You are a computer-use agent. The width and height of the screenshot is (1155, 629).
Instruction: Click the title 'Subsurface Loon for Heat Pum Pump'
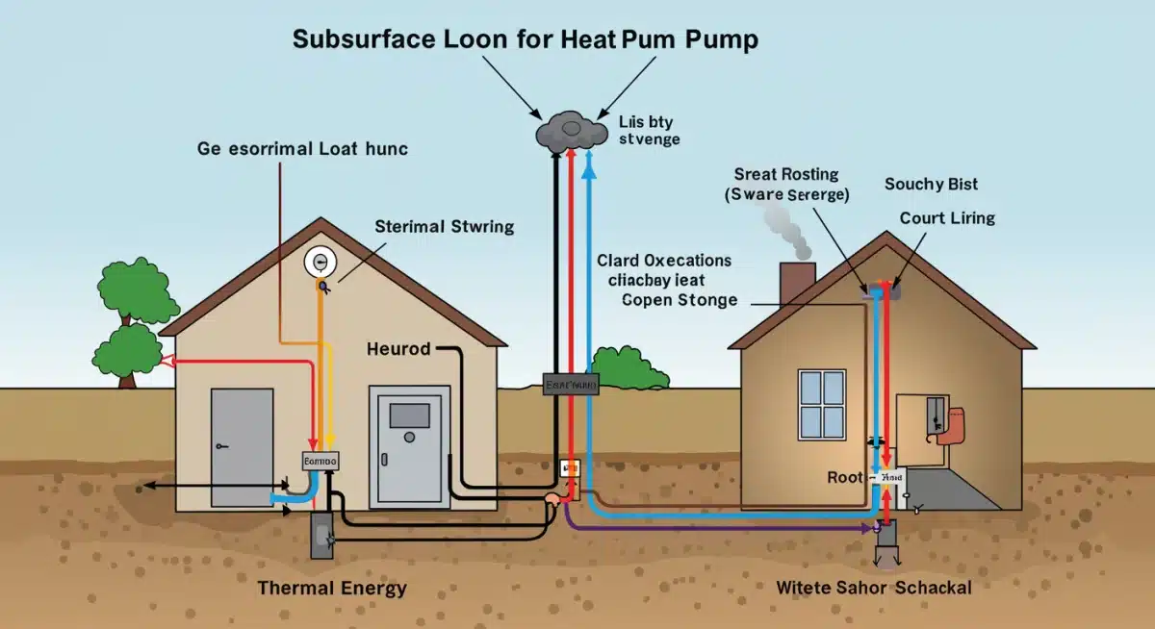point(525,39)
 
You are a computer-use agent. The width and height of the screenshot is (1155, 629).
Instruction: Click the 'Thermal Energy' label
point(332,588)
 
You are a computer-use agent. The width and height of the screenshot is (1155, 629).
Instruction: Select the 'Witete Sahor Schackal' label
point(874,587)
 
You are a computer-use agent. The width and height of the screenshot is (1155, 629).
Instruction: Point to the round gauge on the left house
point(318,263)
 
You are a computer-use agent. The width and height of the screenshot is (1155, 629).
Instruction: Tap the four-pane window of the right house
point(822,403)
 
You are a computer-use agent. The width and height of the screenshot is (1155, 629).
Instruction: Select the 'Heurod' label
point(398,348)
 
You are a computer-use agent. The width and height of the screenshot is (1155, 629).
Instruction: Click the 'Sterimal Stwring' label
point(444,227)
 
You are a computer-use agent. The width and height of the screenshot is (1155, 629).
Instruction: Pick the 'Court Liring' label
point(947,218)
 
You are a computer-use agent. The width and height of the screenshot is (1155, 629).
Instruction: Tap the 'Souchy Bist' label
point(931,184)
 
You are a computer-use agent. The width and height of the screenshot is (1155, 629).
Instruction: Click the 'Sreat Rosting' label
point(786,174)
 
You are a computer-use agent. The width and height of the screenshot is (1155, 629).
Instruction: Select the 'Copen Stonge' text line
point(680,300)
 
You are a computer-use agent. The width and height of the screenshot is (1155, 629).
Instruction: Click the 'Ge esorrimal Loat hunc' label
point(302,148)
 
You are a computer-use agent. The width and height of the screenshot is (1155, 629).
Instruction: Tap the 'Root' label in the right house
point(845,477)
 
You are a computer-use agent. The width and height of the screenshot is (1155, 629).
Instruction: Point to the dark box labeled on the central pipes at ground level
point(571,385)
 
